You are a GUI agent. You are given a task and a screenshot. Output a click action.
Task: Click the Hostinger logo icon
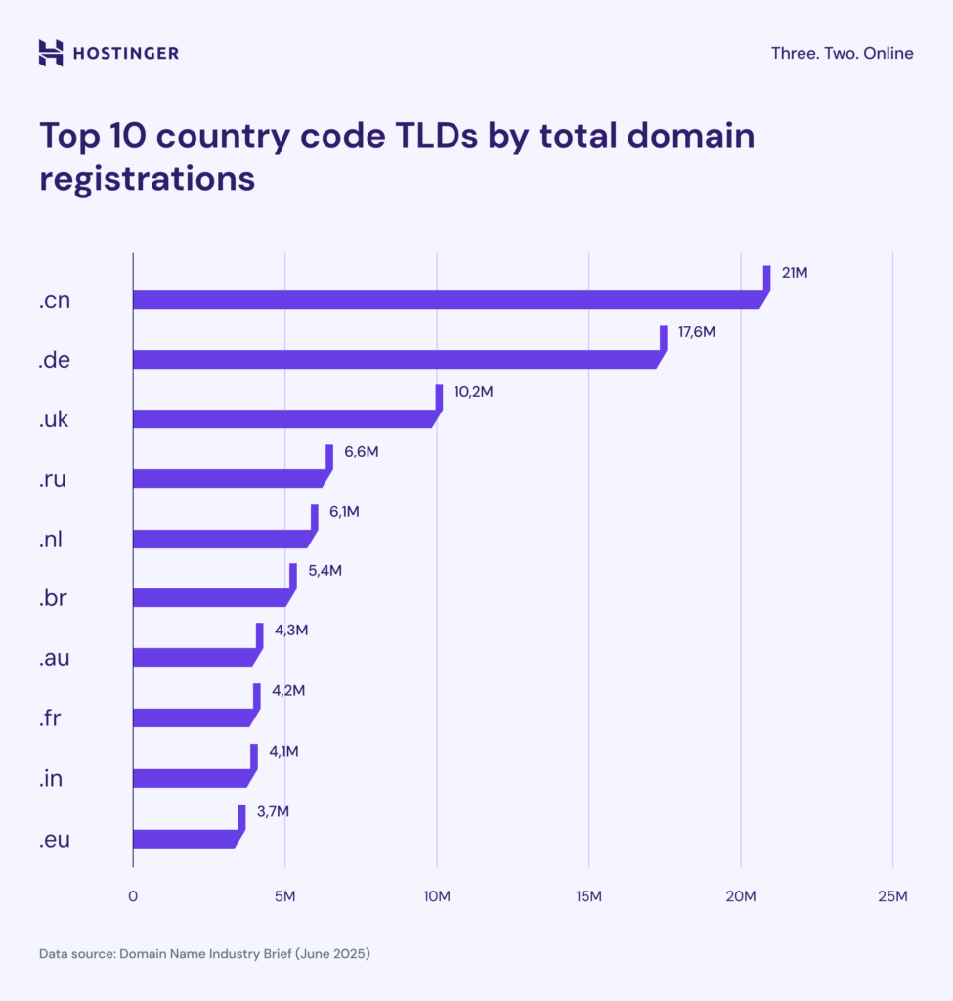click(x=51, y=53)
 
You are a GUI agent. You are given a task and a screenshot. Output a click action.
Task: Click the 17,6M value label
click(x=697, y=332)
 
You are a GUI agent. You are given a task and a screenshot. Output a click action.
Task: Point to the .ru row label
click(x=53, y=480)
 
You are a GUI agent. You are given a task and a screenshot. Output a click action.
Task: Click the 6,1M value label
click(x=342, y=512)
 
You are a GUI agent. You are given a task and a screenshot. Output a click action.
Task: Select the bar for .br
click(x=209, y=598)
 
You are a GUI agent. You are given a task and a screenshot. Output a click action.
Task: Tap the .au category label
click(x=54, y=659)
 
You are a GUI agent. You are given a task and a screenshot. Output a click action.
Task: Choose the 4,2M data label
click(x=288, y=691)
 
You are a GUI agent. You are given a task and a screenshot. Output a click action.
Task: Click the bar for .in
click(x=190, y=778)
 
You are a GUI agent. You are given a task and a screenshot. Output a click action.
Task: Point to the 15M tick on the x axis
click(x=588, y=896)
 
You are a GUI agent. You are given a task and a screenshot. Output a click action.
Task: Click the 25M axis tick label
click(x=892, y=896)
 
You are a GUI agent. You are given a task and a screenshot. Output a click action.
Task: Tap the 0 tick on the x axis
click(x=133, y=896)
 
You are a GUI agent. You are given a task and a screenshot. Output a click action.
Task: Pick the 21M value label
click(x=795, y=273)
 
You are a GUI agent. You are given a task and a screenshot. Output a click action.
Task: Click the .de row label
click(x=54, y=360)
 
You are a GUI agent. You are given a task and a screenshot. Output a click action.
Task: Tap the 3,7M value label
click(x=273, y=811)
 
